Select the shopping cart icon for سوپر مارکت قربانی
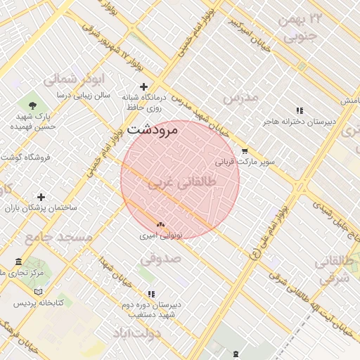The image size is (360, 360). (x=245, y=150)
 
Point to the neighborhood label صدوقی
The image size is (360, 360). (x=160, y=259)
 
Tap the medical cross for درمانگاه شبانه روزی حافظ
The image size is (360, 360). (x=144, y=86)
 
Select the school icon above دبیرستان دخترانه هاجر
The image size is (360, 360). (x=300, y=110)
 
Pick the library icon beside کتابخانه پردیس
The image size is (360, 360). (x=38, y=291)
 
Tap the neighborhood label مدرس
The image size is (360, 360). (x=241, y=97)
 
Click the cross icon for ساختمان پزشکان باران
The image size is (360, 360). (x=41, y=198)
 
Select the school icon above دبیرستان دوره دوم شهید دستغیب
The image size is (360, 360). (x=150, y=294)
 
